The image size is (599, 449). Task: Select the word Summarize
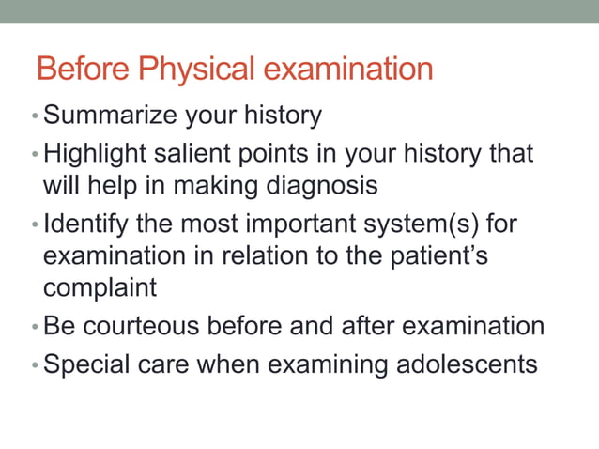(x=112, y=116)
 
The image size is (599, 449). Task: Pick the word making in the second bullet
(x=215, y=185)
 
